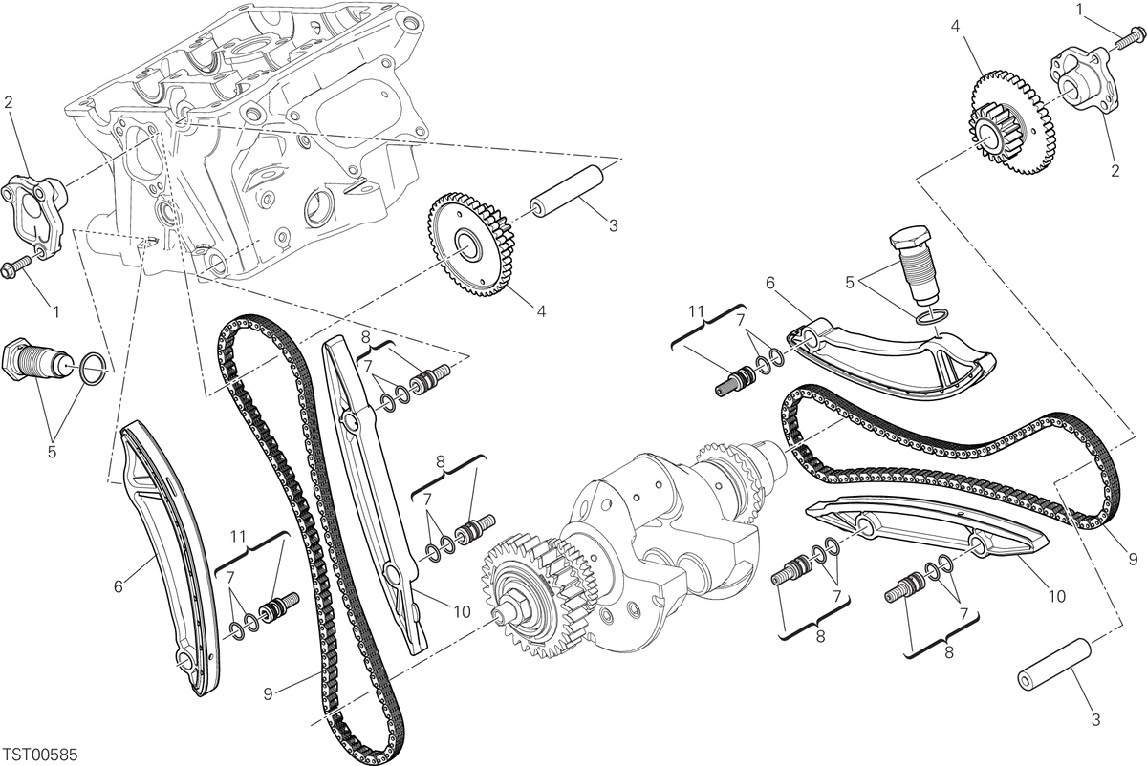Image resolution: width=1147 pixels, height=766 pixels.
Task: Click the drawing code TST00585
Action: [x=40, y=755]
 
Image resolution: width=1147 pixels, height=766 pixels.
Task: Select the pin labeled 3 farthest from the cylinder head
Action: [x=1055, y=670]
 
